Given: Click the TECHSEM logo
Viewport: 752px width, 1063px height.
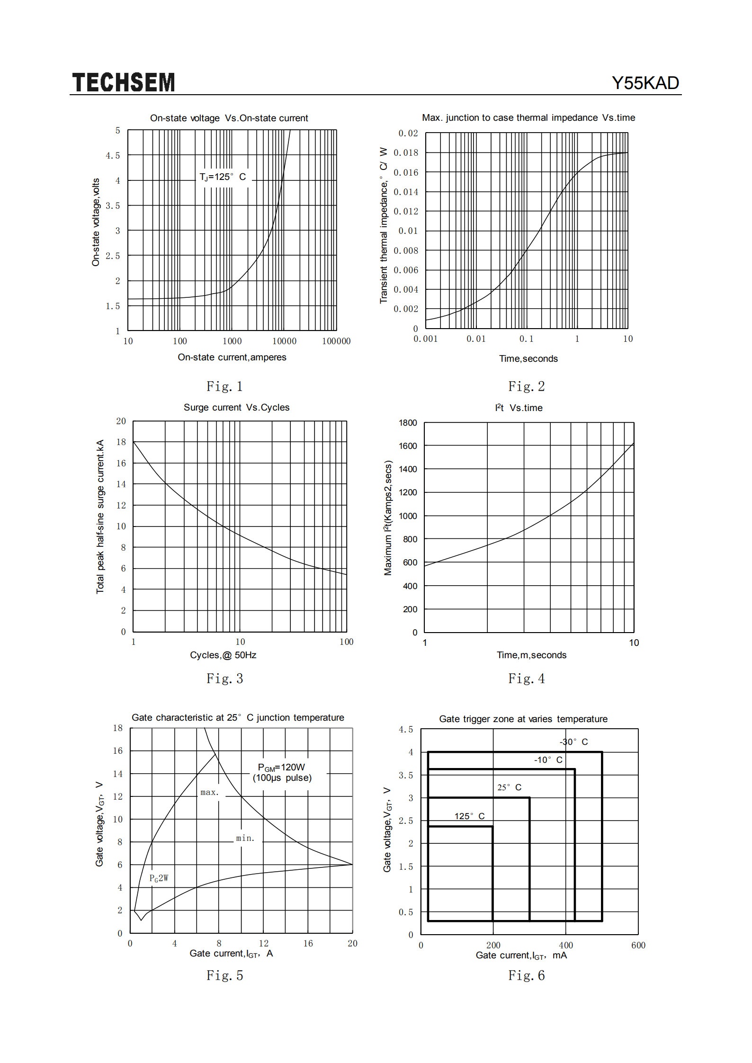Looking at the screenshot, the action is point(124,82).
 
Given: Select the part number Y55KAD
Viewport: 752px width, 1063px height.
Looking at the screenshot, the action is point(645,83).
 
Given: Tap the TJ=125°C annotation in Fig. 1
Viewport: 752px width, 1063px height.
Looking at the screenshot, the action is point(223,177).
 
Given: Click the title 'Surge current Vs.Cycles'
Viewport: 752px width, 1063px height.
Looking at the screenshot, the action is point(236,407).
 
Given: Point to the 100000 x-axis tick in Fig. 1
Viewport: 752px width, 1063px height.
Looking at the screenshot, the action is point(336,341).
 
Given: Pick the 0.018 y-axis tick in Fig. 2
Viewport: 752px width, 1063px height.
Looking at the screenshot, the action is point(406,152).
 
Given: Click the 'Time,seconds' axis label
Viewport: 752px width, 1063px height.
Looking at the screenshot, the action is point(528,358).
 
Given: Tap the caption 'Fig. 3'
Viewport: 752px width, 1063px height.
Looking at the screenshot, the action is point(224,679).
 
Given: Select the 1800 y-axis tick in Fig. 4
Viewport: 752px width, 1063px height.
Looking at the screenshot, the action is point(408,422).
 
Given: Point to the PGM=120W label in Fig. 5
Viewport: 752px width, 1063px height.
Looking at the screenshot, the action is point(281,768).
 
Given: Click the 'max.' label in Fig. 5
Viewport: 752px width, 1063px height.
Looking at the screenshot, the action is point(209,792).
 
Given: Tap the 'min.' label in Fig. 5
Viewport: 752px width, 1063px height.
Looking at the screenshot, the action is point(245,838).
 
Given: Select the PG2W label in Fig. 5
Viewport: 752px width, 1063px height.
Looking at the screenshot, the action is point(159,878).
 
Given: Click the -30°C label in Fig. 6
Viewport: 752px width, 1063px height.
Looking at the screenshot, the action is point(573,742).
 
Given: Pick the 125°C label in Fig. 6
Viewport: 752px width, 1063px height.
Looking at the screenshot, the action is point(469,816).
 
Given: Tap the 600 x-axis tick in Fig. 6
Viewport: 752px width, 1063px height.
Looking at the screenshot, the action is point(638,945).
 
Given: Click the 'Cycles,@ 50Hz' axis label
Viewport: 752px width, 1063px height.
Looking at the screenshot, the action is point(223,655).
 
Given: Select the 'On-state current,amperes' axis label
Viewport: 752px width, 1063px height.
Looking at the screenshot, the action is point(232,357).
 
